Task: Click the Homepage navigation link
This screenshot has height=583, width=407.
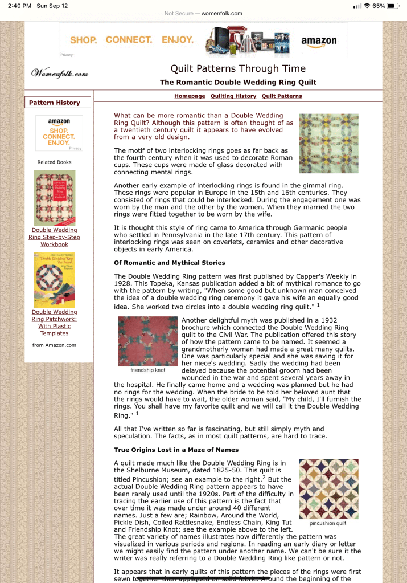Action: (x=190, y=96)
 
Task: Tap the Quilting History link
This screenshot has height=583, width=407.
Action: (x=233, y=96)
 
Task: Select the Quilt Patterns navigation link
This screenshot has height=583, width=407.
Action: (x=282, y=96)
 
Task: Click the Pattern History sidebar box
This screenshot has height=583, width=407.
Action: (x=55, y=103)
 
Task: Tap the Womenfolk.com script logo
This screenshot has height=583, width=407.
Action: (x=60, y=74)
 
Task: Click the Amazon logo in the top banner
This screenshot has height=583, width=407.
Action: (x=318, y=41)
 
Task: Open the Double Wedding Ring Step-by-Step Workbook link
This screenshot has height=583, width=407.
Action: (x=54, y=237)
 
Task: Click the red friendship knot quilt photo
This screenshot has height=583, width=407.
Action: (x=147, y=341)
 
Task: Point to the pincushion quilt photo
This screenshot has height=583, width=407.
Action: (x=328, y=488)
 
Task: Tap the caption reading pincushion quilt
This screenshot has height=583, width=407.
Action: (x=328, y=523)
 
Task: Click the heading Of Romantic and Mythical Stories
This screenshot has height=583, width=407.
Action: (x=170, y=263)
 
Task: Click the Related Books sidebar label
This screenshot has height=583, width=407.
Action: (x=54, y=162)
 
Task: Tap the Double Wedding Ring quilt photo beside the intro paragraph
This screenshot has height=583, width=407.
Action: (x=328, y=143)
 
